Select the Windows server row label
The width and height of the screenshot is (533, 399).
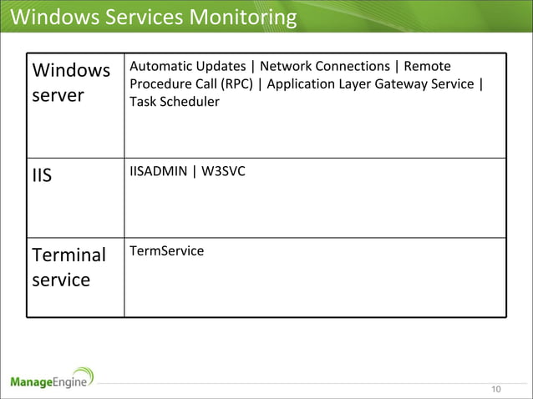pos(70,83)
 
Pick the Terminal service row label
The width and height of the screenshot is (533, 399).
pos(69,267)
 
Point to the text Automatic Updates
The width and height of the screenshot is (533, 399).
pos(188,66)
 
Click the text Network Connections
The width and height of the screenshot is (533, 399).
pos(324,66)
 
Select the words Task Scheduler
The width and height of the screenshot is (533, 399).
pos(175,102)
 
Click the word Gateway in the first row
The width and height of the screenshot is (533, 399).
pos(395,84)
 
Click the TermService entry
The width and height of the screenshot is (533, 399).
pos(166,250)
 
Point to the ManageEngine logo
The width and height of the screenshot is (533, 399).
pos(52,381)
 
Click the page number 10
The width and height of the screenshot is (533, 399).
pos(496,390)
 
